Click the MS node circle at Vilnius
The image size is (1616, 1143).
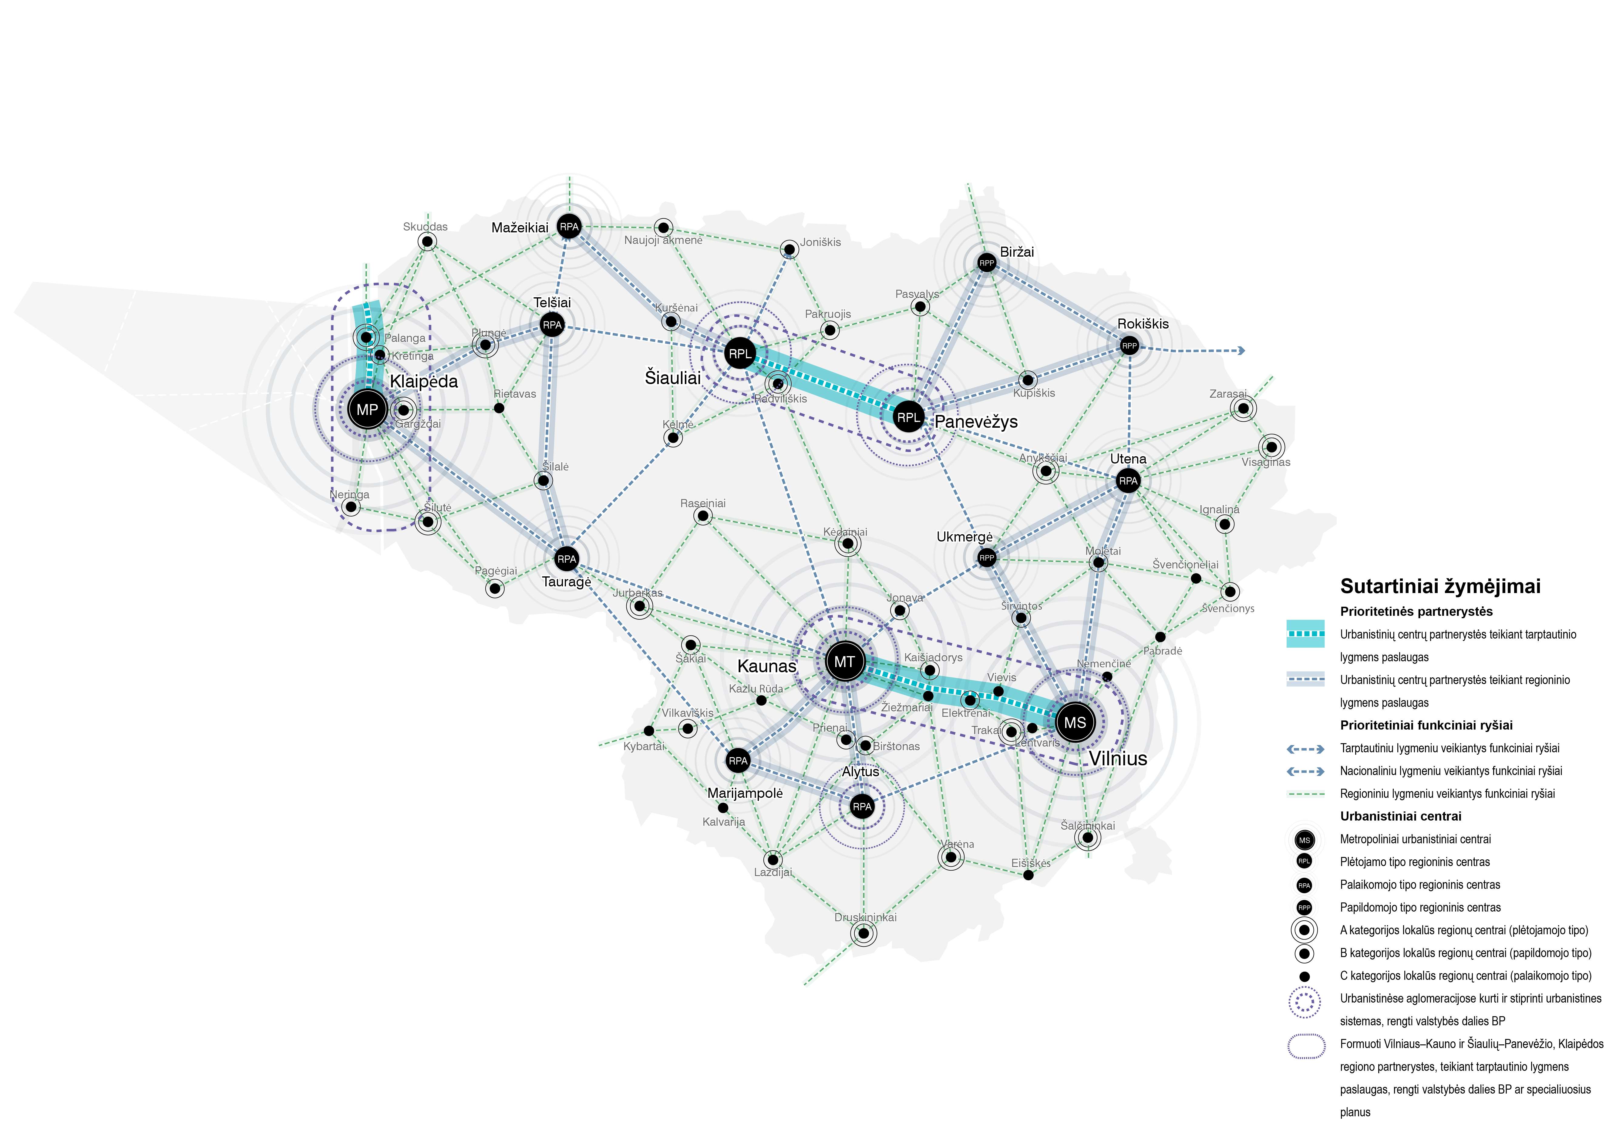[x=1075, y=722]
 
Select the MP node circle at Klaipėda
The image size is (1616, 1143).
[x=367, y=409]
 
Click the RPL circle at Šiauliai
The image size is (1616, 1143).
[x=740, y=353]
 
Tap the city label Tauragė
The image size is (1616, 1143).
[x=567, y=582]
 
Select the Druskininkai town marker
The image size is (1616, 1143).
[x=864, y=933]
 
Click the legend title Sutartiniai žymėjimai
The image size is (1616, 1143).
[x=1440, y=586]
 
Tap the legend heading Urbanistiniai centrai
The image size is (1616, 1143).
[x=1401, y=816]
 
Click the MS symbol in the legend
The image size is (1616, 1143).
[x=1304, y=840]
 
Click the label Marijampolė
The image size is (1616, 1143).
[x=745, y=793]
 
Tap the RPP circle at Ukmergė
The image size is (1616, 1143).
[x=987, y=558]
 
